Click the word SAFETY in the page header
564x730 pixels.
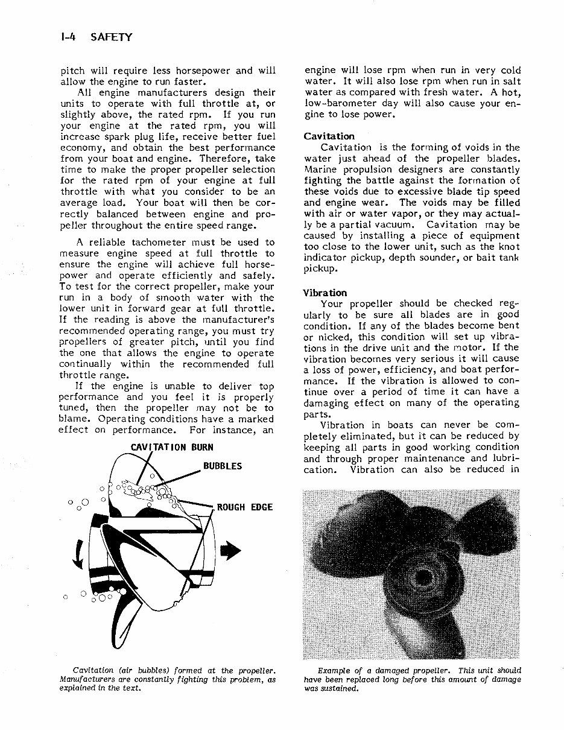click(110, 37)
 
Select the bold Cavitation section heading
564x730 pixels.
click(329, 136)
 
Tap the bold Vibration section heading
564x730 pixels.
click(325, 293)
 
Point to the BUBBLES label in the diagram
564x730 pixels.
click(222, 466)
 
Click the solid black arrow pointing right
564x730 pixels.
click(231, 551)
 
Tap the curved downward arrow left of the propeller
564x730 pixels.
click(77, 554)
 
